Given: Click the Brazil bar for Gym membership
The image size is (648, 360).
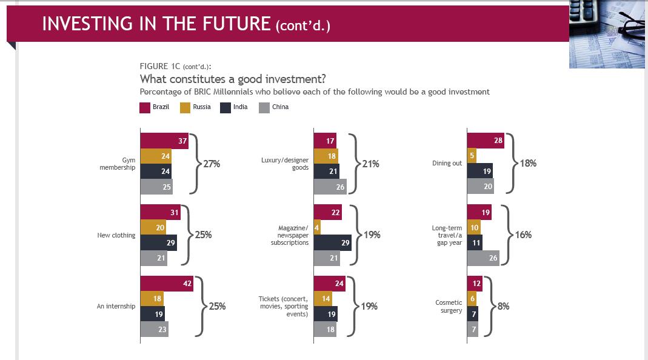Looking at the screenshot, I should (x=164, y=141).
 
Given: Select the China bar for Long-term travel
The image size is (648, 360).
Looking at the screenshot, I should (x=484, y=258).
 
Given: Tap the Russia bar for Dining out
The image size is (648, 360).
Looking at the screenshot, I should (x=472, y=156).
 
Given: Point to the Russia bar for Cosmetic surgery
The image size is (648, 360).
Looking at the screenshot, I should (x=471, y=299).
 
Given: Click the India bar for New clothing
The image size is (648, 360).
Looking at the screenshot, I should (x=158, y=242).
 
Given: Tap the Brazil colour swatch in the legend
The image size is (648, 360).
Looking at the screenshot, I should (x=145, y=108).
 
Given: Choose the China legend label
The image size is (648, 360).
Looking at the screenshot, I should (x=280, y=107).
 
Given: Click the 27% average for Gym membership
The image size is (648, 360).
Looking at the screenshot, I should (x=212, y=164).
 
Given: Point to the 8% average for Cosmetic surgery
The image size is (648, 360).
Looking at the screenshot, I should (x=503, y=307).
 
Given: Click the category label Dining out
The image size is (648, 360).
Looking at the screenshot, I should (x=447, y=164).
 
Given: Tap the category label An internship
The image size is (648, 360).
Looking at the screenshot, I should (x=116, y=307).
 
